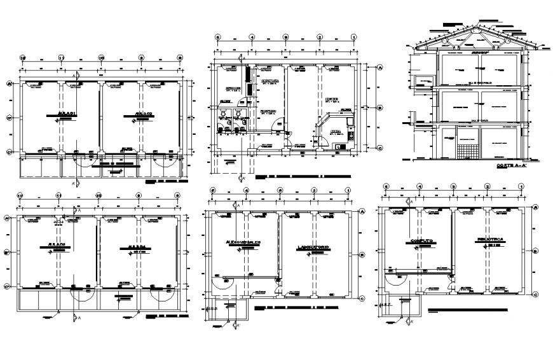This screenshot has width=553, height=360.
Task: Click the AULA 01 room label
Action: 65,114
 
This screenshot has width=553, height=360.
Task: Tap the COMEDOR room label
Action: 332,99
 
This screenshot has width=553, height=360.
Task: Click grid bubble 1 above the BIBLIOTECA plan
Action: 522,187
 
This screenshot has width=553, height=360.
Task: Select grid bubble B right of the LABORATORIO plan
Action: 362,254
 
